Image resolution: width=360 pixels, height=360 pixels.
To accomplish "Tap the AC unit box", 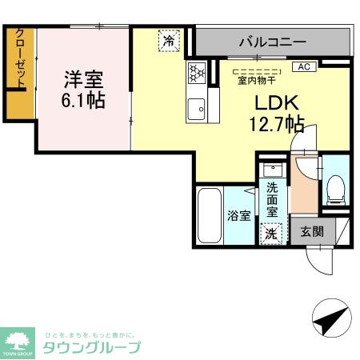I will click(x=304, y=67).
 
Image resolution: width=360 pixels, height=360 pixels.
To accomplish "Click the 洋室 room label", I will click(x=84, y=80).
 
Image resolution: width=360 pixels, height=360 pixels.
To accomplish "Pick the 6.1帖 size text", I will click(x=84, y=102).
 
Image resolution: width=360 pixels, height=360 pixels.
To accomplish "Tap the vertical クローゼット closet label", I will click(x=20, y=60).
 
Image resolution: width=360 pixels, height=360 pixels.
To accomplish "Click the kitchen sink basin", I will click(x=197, y=109).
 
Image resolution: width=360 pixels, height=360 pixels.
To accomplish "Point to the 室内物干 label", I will click(x=254, y=79).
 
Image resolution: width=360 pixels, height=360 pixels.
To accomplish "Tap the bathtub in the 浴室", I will click(x=209, y=216).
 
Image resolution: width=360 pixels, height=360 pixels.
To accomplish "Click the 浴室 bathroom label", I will click(x=239, y=215).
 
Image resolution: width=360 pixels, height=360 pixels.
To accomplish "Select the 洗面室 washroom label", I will click(x=273, y=201).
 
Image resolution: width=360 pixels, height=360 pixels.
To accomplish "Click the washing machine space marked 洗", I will click(x=272, y=234).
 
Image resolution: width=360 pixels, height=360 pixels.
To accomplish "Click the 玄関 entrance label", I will click(x=312, y=232).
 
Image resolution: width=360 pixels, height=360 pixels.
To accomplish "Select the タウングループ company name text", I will click(x=92, y=348).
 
